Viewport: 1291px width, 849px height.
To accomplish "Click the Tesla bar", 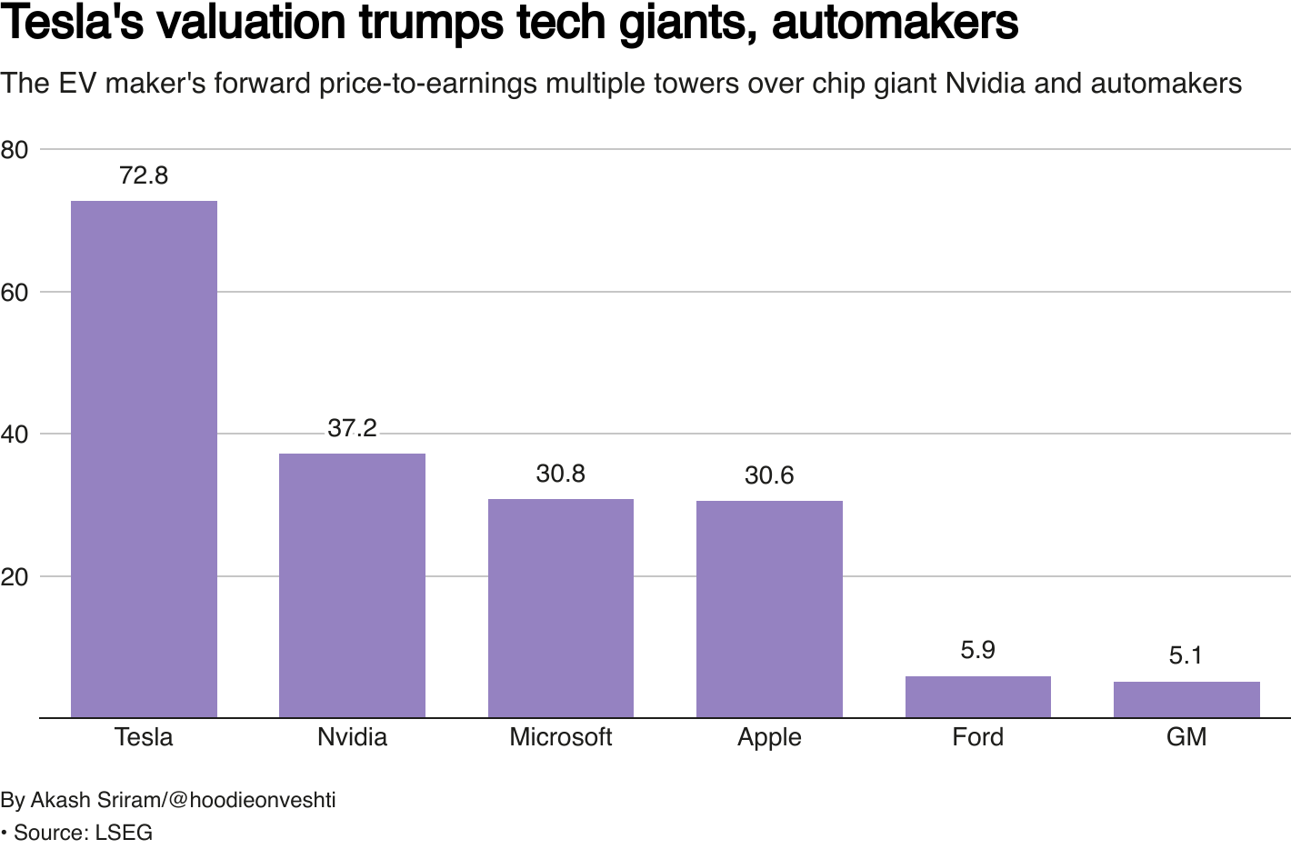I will [144, 459].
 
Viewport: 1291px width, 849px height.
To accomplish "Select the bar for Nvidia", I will [352, 585].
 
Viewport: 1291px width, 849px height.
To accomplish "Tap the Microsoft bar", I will [560, 608].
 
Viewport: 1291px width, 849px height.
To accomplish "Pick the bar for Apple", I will [769, 609].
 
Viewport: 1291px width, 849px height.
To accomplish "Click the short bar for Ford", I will [977, 697].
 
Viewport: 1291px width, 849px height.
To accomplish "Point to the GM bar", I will [1186, 700].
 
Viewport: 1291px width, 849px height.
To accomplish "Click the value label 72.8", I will [144, 175].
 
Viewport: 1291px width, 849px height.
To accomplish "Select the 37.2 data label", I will [352, 428].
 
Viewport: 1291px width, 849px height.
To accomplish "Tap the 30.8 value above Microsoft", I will [560, 474].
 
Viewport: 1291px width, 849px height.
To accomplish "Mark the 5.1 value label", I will [1186, 655].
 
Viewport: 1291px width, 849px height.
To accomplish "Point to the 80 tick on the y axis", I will [15, 150].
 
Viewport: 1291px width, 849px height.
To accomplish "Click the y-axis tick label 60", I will [15, 293].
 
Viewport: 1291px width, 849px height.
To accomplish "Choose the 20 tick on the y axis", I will [15, 577].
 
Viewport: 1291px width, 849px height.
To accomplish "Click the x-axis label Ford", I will [977, 736].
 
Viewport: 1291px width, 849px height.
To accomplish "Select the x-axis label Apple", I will [769, 737].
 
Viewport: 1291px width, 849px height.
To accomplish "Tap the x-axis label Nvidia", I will [352, 736].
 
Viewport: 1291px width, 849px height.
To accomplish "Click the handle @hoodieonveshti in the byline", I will [252, 800].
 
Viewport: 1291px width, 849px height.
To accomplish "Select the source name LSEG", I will [124, 833].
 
